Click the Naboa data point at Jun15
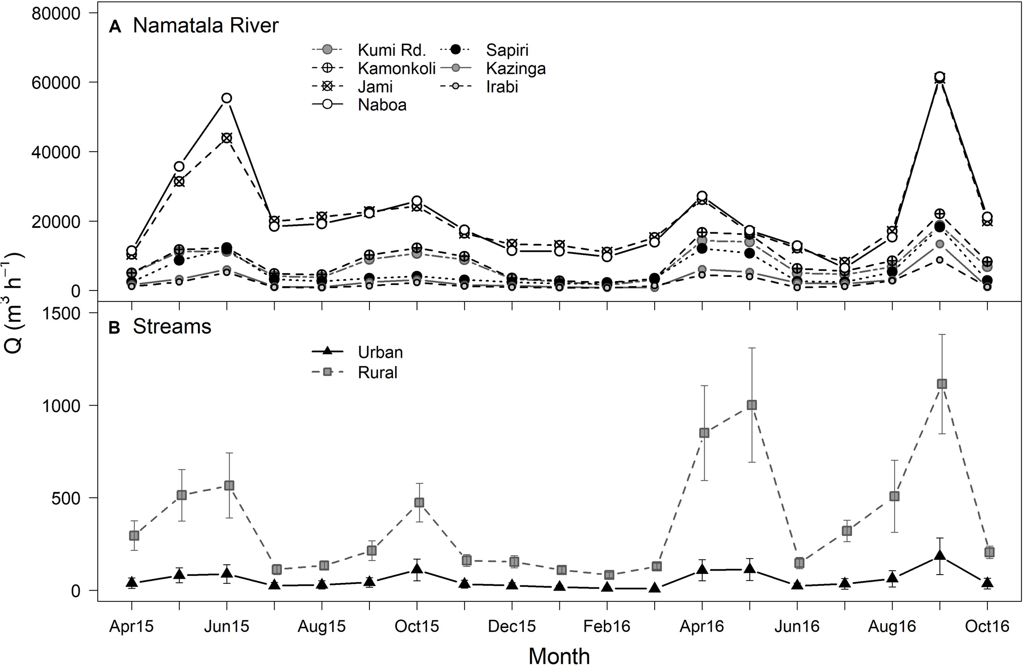227,98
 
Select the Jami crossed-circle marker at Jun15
227,138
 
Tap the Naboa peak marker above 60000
940,77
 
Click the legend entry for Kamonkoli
396,68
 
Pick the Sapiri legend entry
507,50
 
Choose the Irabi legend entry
502,87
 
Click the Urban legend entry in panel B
380,352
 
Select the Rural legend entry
377,372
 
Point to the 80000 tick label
56,14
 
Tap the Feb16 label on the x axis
606,626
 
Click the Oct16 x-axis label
987,626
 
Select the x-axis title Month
559,656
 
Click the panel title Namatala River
205,26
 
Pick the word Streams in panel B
172,326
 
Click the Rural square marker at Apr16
704,433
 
